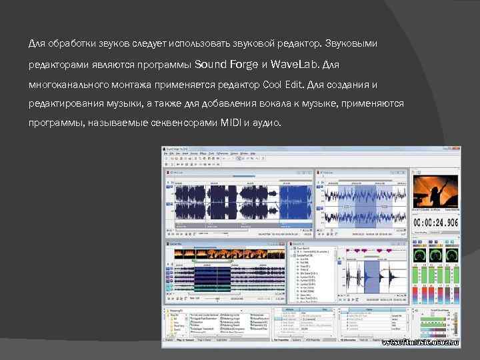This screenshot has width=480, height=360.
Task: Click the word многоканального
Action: click(x=67, y=85)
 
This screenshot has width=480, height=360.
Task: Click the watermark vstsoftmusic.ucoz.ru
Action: click(x=421, y=341)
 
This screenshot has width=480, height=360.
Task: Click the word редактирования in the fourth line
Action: click(x=62, y=105)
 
